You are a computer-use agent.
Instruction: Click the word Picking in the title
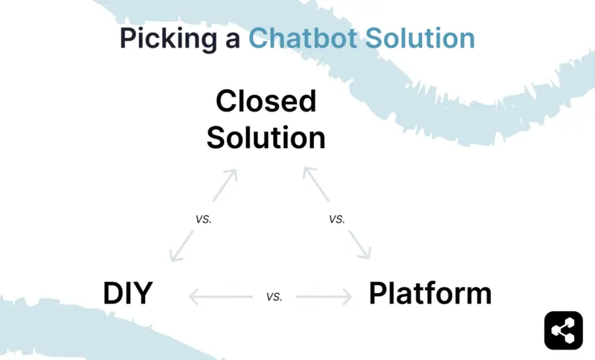coord(165,39)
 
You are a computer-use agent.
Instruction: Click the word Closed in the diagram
coord(266,100)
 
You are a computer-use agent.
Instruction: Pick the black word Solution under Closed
coord(266,138)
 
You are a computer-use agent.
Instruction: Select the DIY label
coord(127,294)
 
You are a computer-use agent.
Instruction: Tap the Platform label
coord(430,294)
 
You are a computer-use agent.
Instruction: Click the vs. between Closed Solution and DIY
coord(204,219)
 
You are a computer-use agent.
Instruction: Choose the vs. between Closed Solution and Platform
coord(337,219)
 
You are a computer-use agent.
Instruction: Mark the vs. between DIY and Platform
coord(274,297)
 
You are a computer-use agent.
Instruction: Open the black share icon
coord(563,330)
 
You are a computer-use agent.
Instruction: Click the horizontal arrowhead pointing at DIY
coord(193,298)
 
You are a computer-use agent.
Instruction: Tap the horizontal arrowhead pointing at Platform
coord(347,298)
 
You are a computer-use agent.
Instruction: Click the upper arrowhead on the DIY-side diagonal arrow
coord(232,174)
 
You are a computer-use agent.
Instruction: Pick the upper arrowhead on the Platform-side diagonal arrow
coord(306,173)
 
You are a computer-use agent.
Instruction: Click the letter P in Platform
coord(378,294)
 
